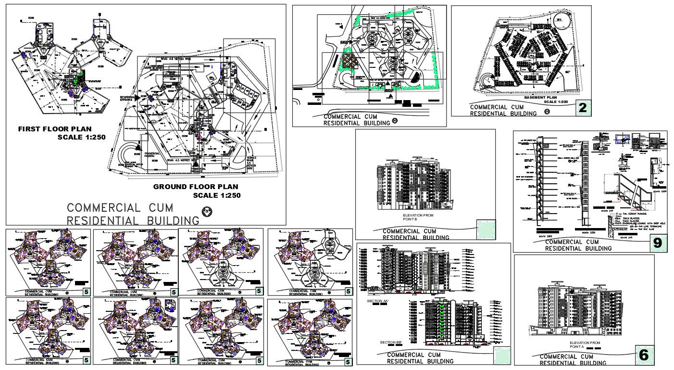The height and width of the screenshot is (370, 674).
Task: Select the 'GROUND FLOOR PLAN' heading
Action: click(195, 187)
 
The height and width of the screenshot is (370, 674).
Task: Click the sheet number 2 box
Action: click(583, 108)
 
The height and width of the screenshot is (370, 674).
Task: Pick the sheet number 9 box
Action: click(657, 243)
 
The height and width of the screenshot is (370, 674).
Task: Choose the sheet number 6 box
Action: click(644, 355)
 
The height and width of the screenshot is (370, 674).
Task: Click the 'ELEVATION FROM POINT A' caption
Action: click(584, 344)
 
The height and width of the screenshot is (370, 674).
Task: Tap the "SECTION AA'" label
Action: click(377, 301)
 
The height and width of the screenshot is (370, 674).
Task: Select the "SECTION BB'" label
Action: click(390, 342)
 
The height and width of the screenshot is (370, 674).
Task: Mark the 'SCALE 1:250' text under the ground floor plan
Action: click(216, 195)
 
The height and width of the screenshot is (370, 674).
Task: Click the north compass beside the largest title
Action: click(206, 211)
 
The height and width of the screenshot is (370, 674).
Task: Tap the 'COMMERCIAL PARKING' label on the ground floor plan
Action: click(151, 154)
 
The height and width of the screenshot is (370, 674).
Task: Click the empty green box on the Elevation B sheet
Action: click(485, 229)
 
